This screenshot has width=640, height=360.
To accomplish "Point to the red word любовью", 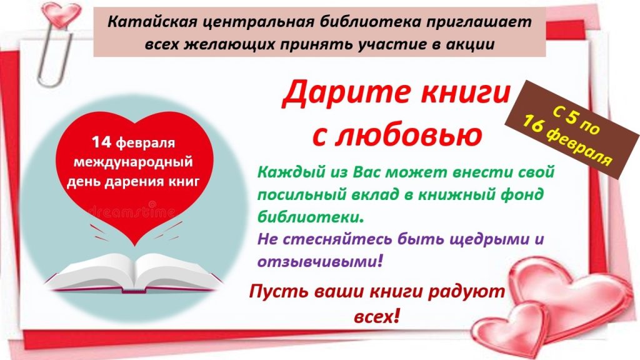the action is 408,136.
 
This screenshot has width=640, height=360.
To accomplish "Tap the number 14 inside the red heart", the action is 101,142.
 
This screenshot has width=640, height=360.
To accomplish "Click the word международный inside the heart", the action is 133,162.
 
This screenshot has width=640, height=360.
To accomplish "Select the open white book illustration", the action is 134,272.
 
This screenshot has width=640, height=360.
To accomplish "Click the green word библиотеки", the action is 310,216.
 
